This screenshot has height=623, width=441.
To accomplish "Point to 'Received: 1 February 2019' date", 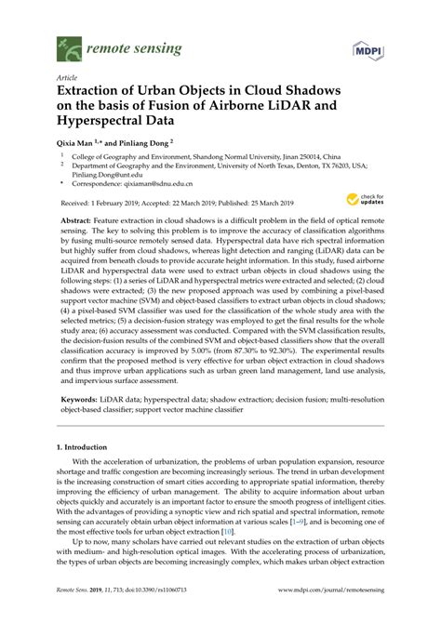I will coord(105,202).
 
